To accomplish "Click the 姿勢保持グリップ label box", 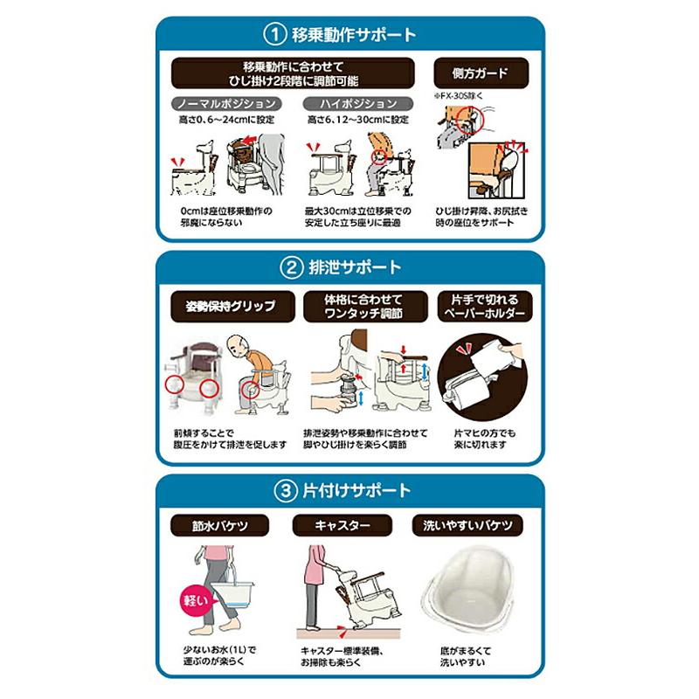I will tap(225, 306).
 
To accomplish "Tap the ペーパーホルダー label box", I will tap(481, 306).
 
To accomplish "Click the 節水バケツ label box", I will tap(216, 527).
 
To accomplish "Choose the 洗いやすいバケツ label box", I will tap(468, 527).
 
